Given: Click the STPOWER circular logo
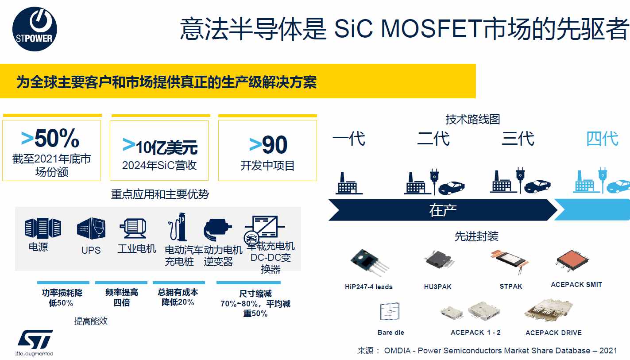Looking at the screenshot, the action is [x=35, y=29].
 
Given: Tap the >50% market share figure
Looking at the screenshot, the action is [x=50, y=138].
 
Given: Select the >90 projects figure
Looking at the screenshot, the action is [x=268, y=145].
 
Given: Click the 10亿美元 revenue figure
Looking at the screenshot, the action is [x=166, y=147].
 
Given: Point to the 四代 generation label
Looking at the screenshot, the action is [x=602, y=139].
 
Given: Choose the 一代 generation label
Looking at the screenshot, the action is [x=349, y=138].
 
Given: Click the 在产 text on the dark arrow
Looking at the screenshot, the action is [x=443, y=210].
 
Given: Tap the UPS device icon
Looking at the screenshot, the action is [x=91, y=228].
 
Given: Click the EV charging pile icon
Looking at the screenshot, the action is [x=178, y=227].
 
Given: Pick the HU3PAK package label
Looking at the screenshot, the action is [x=437, y=286].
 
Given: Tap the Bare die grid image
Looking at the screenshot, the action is [x=390, y=311].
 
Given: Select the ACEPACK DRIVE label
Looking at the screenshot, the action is [x=553, y=333].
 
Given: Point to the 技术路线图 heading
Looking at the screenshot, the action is [x=472, y=119].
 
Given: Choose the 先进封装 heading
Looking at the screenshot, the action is [x=476, y=236].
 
